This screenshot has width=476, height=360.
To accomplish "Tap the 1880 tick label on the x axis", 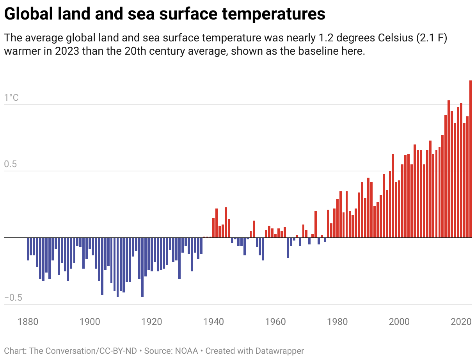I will pyautogui.click(x=28, y=322).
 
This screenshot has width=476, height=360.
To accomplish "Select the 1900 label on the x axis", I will pyautogui.click(x=90, y=322).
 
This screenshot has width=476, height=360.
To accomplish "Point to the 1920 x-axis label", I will pyautogui.click(x=152, y=322).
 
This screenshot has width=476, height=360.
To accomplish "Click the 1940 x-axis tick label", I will pyautogui.click(x=213, y=322).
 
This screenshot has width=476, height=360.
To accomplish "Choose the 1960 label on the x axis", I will pyautogui.click(x=275, y=322).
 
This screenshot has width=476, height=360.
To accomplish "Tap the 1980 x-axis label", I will pyautogui.click(x=337, y=322).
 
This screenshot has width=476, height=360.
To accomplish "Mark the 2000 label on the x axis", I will pyautogui.click(x=399, y=322).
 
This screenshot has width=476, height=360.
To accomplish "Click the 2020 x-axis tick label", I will pyautogui.click(x=461, y=322).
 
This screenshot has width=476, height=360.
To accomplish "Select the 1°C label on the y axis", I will pyautogui.click(x=11, y=98).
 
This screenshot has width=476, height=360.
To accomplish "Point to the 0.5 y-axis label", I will pyautogui.click(x=11, y=164).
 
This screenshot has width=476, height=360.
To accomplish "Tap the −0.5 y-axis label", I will pyautogui.click(x=13, y=298).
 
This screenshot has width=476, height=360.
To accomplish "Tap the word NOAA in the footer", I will pyautogui.click(x=188, y=351).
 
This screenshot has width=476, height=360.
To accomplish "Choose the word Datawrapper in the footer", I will pyautogui.click(x=279, y=351).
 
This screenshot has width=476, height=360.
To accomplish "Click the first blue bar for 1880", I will pyautogui.click(x=28, y=249).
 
